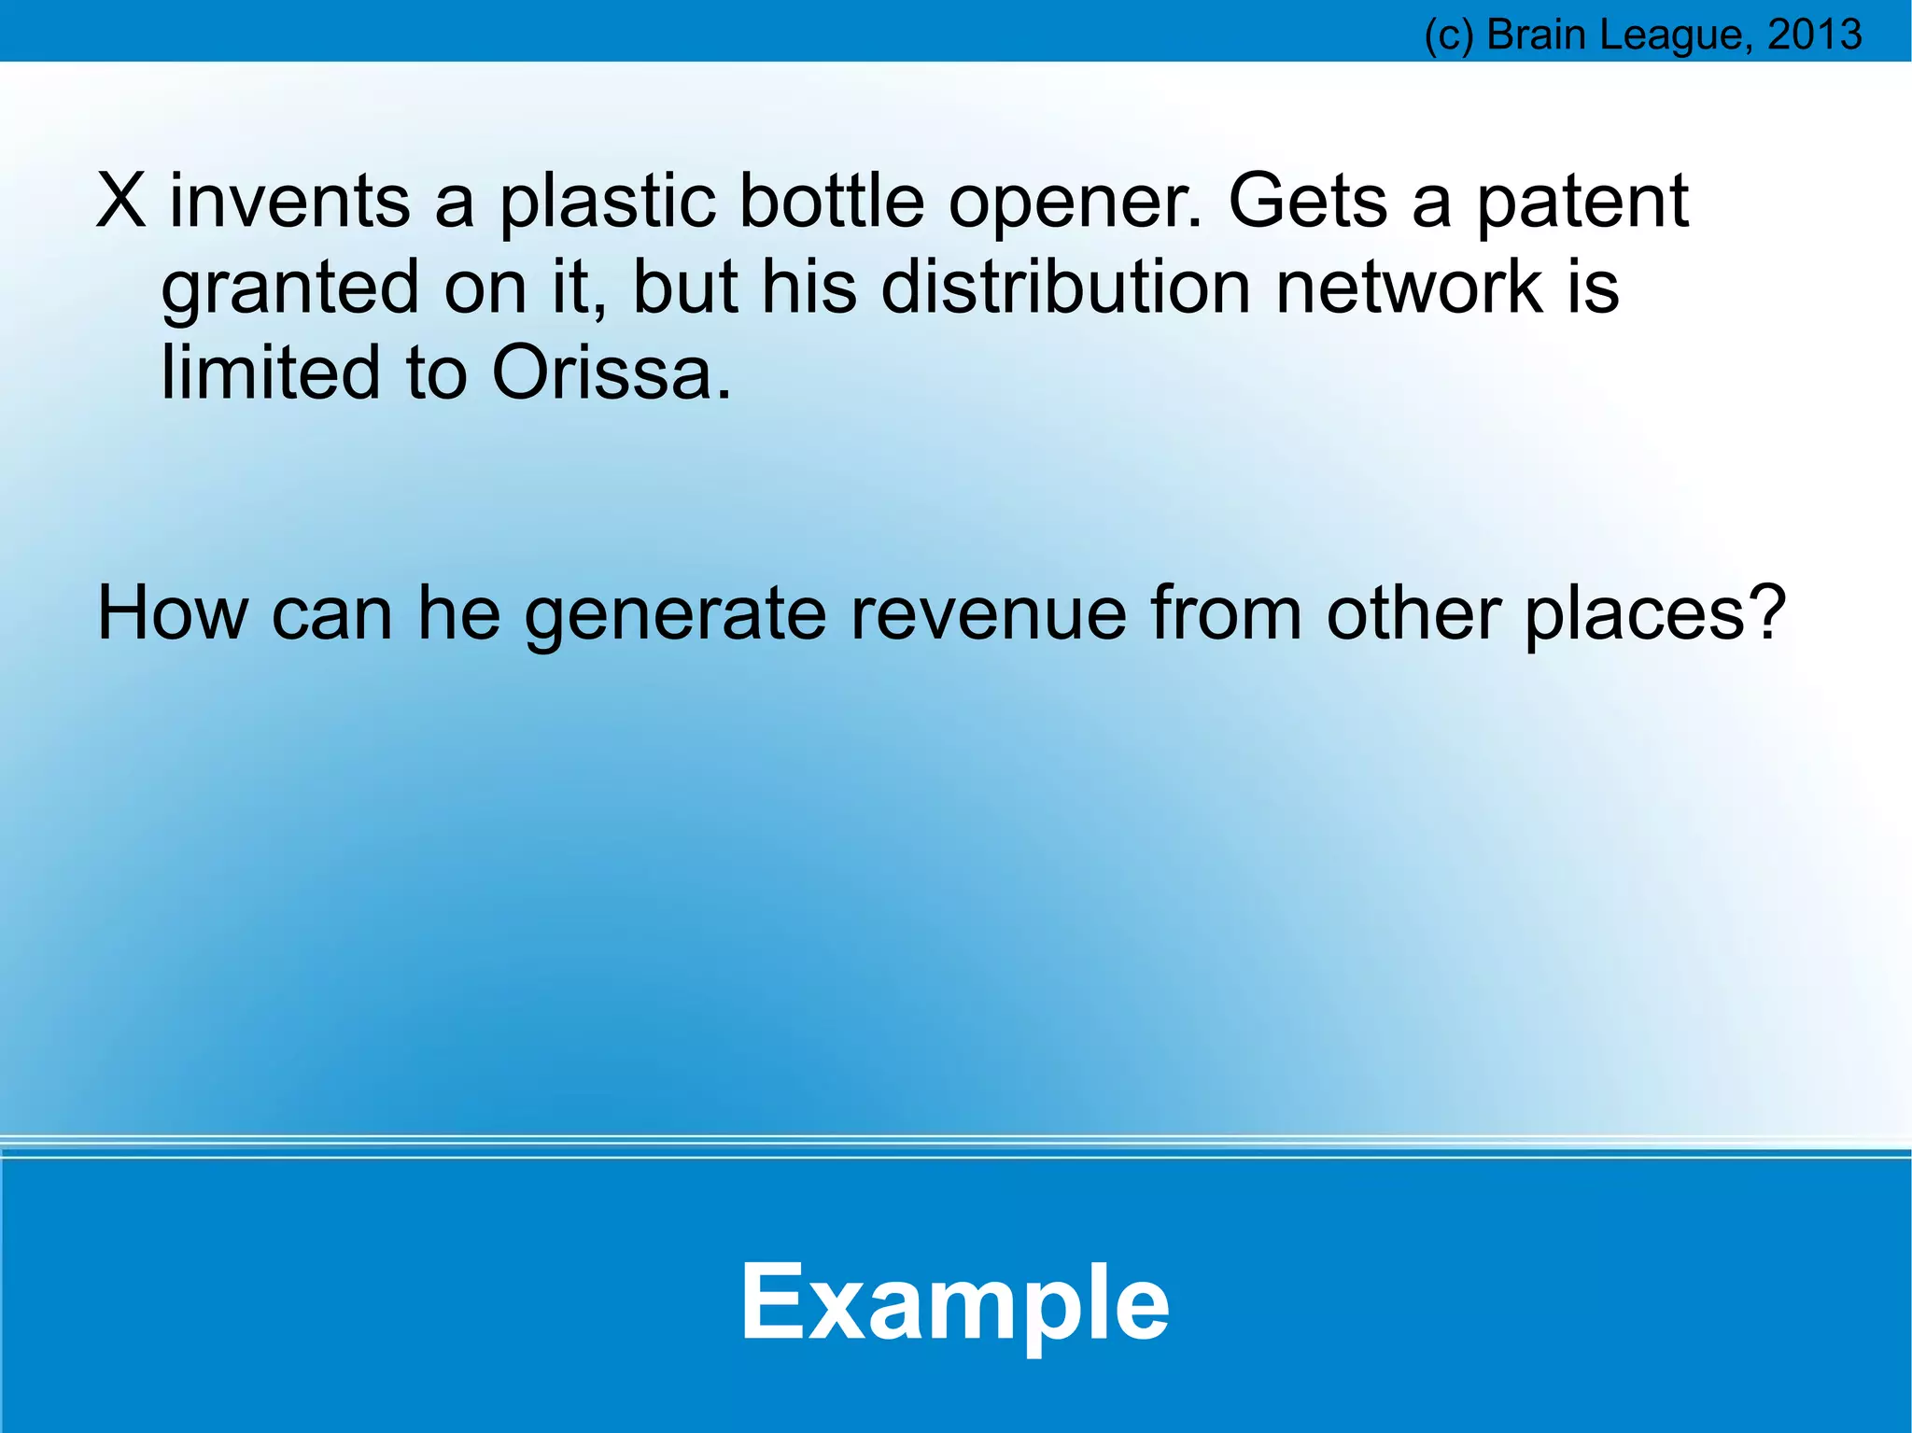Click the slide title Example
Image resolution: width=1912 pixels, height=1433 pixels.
click(x=954, y=1302)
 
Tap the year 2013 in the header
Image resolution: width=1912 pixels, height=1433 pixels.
click(x=1815, y=35)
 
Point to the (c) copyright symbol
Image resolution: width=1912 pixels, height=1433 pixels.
click(x=1449, y=35)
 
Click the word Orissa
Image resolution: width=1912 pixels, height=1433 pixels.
click(x=612, y=372)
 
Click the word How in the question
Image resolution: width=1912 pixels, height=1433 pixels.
click(x=174, y=612)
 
